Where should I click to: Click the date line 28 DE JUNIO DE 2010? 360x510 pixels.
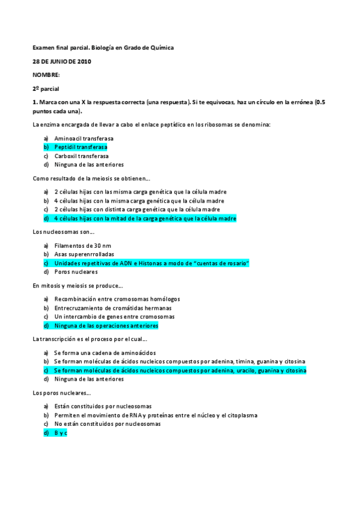62,62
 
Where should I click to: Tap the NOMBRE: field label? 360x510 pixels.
46,75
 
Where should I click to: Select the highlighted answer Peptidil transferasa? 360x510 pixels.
81,147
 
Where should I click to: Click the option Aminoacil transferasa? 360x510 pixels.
84,138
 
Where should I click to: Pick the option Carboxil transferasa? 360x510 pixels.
81,156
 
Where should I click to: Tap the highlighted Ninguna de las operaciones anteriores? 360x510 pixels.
106,325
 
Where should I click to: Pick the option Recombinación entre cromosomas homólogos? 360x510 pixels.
117,299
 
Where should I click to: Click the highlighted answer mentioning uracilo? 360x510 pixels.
180,370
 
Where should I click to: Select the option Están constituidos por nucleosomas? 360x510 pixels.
102,406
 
